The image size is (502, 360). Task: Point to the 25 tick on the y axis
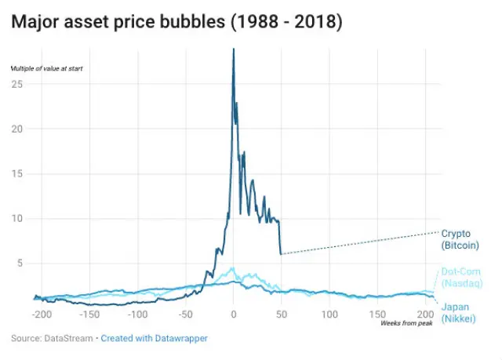tap(17, 83)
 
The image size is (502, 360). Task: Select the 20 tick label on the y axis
tap(17, 129)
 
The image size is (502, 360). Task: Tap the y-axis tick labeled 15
tap(17, 173)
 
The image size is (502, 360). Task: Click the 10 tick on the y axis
tap(17, 218)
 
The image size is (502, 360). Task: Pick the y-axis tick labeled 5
tap(20, 264)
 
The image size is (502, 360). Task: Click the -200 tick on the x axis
tap(41, 315)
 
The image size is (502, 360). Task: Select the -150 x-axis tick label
tap(89, 315)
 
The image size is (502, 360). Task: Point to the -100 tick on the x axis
tap(137, 315)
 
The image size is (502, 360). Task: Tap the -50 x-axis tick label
tap(185, 315)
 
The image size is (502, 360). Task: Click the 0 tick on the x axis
tap(233, 315)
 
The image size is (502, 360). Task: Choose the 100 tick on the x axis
tap(329, 315)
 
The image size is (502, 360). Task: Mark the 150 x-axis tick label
tap(378, 315)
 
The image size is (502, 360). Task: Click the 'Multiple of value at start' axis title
tap(46, 68)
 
